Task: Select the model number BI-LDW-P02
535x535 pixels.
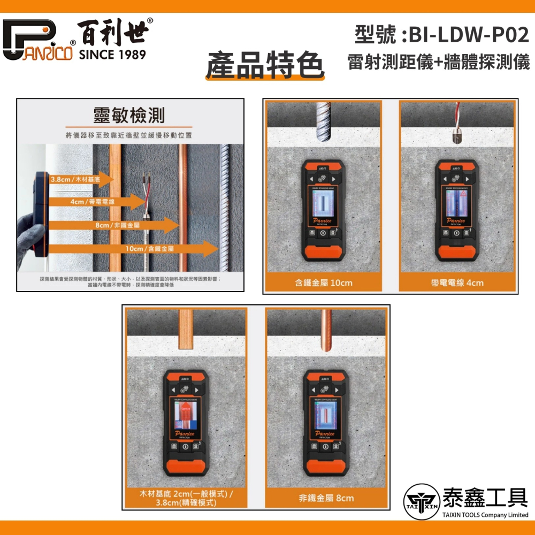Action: [469, 35]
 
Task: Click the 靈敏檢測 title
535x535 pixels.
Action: [129, 116]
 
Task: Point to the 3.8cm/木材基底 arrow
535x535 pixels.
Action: [80, 180]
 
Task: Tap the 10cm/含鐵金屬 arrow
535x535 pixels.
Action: [155, 249]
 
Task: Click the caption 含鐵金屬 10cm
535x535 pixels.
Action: [323, 282]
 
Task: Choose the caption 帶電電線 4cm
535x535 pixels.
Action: [457, 282]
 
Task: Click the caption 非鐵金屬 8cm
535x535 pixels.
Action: [326, 498]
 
